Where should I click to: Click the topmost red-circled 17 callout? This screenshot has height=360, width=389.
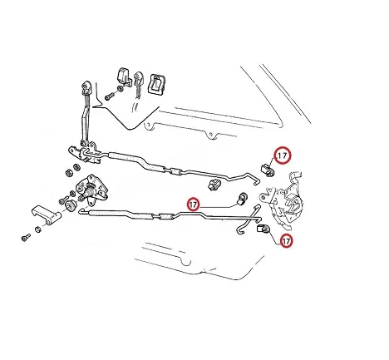pyautogui.click(x=283, y=155)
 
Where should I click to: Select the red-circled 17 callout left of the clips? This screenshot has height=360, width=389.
pyautogui.click(x=193, y=205)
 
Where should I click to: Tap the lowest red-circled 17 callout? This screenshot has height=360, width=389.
pyautogui.click(x=286, y=241)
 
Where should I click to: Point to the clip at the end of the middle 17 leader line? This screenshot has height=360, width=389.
pyautogui.click(x=243, y=199)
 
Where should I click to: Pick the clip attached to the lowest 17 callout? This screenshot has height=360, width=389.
pyautogui.click(x=263, y=229)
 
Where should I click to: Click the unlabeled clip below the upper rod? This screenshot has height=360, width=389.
pyautogui.click(x=214, y=184)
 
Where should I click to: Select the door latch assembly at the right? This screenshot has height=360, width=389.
pyautogui.click(x=282, y=200)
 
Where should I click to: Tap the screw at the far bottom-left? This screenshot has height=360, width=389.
pyautogui.click(x=26, y=237)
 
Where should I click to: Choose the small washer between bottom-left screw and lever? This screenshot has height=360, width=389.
pyautogui.click(x=38, y=229)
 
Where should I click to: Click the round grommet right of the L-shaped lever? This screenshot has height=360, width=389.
pyautogui.click(x=69, y=205)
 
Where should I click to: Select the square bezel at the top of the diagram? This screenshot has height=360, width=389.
pyautogui.click(x=158, y=83)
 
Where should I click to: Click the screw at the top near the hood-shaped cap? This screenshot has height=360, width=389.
pyautogui.click(x=108, y=96)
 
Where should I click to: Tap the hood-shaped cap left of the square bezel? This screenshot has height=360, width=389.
pyautogui.click(x=125, y=76)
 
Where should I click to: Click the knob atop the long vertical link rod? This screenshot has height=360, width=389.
pyautogui.click(x=86, y=87)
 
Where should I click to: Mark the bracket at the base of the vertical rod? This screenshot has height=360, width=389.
pyautogui.click(x=85, y=152)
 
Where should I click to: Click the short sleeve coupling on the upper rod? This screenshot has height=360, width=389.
pyautogui.click(x=176, y=172)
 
